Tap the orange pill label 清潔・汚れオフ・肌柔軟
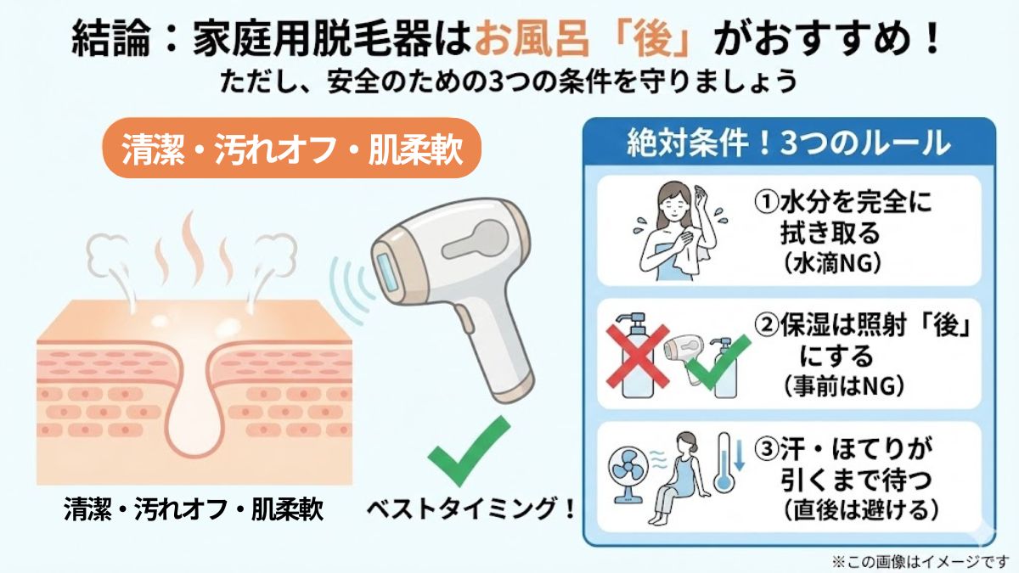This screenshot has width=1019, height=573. [292, 148]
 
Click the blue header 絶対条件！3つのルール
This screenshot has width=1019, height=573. [788, 143]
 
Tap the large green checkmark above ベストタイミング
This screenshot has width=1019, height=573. [469, 452]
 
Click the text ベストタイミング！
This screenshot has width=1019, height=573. [472, 509]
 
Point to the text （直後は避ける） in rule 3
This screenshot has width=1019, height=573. [855, 509]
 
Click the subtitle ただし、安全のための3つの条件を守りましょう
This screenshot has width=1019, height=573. [509, 83]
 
